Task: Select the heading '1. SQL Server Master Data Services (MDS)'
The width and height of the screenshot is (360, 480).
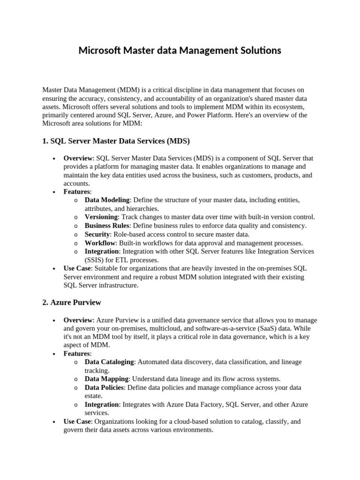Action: click(x=116, y=141)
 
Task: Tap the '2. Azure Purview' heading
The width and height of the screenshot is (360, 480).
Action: click(x=72, y=302)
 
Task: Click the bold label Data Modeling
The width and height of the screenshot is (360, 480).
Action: click(x=107, y=200)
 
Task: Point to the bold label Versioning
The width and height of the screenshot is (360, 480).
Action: click(x=101, y=217)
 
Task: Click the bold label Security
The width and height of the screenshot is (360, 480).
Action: click(x=97, y=234)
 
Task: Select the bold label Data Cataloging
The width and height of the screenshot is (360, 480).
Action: click(x=109, y=362)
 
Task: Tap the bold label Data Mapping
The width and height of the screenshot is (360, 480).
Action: click(x=106, y=379)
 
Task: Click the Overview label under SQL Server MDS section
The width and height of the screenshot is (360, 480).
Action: click(x=78, y=158)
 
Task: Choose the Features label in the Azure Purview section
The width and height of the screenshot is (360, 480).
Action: click(x=77, y=353)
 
